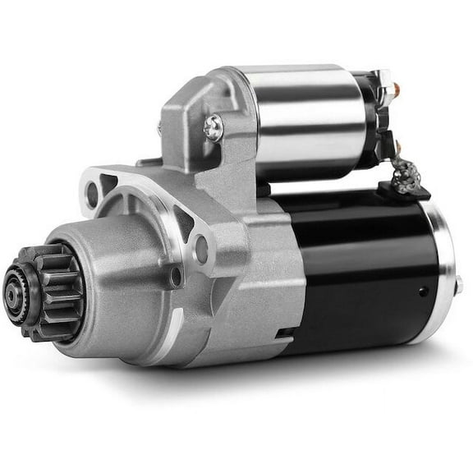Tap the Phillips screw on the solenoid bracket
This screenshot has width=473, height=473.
click(x=213, y=125)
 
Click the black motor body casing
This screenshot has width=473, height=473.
click(x=361, y=263)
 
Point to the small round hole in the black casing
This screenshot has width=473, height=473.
click(x=421, y=292)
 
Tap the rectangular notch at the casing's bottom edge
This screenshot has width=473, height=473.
click(x=287, y=333)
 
